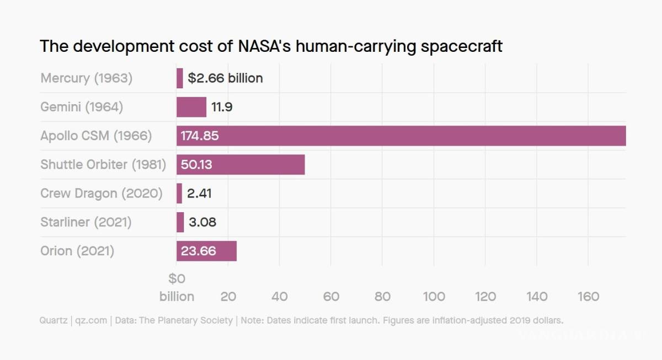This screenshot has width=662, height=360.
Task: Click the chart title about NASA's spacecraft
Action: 271,46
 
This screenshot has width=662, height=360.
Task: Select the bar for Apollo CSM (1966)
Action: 401,136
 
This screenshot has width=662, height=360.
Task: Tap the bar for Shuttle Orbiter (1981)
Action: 241,164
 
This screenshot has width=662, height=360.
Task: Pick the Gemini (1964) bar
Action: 191,107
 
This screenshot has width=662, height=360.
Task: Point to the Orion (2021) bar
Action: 206,251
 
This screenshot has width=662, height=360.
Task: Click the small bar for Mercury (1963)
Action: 180,78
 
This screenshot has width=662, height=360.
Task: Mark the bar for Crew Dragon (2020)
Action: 179,194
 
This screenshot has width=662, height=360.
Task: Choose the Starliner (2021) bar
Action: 180,222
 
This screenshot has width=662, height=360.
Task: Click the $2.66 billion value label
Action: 225,78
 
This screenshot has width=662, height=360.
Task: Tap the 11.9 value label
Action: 222,107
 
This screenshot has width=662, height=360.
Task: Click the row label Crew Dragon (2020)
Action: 102,194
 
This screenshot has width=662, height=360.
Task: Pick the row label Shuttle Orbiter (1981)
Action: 103,164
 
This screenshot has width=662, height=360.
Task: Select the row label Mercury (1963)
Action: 87,78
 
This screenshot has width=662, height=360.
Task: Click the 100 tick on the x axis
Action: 434,297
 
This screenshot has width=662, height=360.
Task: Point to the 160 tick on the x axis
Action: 588,297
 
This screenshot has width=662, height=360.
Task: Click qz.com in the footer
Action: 91,320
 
